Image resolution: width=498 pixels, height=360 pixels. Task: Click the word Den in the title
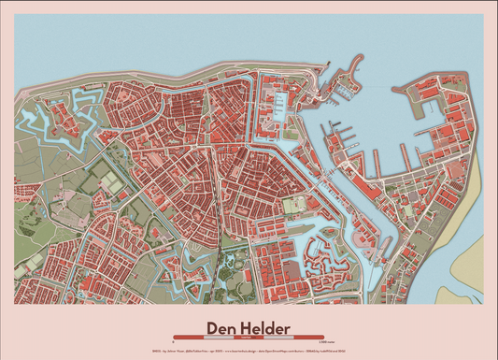[x=221, y=327]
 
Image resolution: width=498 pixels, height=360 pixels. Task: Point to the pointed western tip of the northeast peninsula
[x=393, y=91]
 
